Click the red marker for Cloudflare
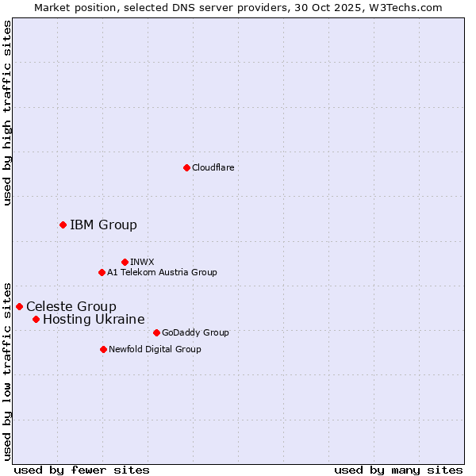(x=186, y=167)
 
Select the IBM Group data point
(x=63, y=225)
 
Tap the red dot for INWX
(x=125, y=262)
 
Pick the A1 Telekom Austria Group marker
(x=102, y=272)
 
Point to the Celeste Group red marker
(x=19, y=306)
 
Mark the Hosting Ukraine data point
(x=36, y=319)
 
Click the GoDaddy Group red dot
(x=156, y=332)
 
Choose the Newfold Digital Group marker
(x=103, y=349)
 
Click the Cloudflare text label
(x=213, y=167)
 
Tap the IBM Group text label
(x=103, y=225)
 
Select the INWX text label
(x=142, y=262)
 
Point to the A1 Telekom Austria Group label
(x=162, y=272)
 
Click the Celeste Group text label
(x=71, y=306)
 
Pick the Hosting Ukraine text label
(x=94, y=319)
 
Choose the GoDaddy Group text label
(x=195, y=332)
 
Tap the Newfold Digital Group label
(x=155, y=349)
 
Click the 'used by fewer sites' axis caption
(x=82, y=470)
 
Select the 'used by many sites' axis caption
(x=398, y=470)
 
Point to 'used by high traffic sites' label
(x=7, y=113)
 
